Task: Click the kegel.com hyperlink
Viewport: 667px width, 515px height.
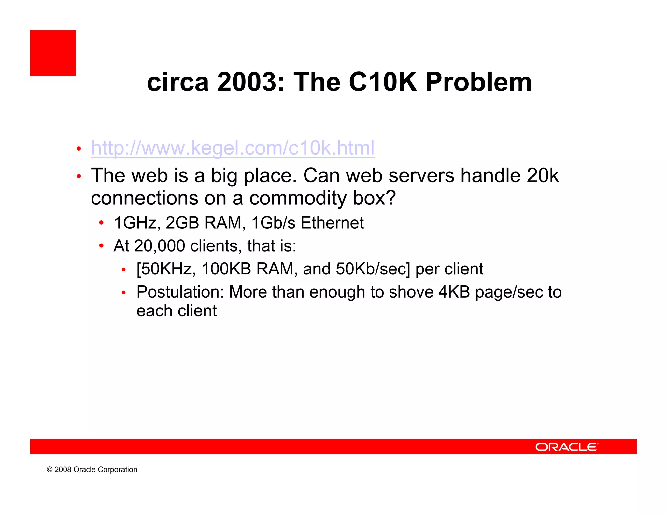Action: (x=233, y=148)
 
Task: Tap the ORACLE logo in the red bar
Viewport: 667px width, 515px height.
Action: (x=567, y=447)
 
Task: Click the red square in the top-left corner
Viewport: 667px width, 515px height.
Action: (x=53, y=53)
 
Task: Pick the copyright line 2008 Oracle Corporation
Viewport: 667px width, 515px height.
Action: (x=92, y=470)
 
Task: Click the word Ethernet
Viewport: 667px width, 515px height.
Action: (x=332, y=223)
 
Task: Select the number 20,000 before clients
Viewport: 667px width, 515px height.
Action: (x=159, y=246)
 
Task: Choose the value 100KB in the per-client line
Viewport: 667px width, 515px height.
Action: (x=226, y=269)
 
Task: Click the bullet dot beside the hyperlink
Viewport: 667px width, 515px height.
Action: (x=78, y=149)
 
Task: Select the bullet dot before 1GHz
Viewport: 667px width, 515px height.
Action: (x=101, y=223)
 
